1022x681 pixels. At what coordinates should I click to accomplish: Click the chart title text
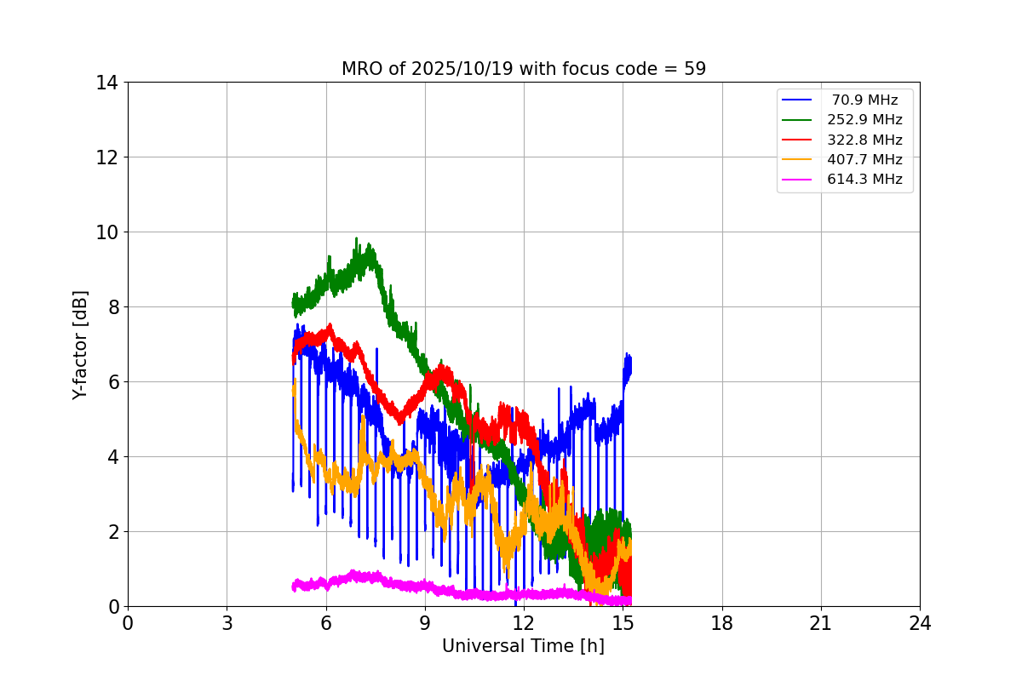coord(523,69)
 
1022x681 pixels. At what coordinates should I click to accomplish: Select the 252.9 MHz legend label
coord(864,120)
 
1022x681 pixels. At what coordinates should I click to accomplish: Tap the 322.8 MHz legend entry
coord(864,140)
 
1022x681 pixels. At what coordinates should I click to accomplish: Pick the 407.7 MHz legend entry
coord(864,159)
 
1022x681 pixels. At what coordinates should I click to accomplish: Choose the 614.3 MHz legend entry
coord(864,180)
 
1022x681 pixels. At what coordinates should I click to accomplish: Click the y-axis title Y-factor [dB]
coord(80,345)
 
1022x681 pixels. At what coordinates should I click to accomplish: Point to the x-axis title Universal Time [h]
coord(523,646)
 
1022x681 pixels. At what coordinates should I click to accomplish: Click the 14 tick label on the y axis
coord(106,83)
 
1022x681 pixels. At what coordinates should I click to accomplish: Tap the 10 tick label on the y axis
coord(106,232)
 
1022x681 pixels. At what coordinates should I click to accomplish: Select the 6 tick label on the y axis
coord(112,382)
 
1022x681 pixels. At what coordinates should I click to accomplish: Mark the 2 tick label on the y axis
coord(112,532)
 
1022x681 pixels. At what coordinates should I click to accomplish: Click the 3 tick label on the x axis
coord(227,624)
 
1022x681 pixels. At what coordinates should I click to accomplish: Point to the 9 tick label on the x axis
coord(425,624)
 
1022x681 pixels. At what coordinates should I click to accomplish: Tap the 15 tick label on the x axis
coord(623,624)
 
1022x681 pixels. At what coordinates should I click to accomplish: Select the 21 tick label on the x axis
coord(821,624)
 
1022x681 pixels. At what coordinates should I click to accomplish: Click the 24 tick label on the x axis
coord(920,624)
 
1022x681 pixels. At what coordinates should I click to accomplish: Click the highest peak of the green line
coord(357,238)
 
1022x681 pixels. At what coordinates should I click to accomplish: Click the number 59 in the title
coord(695,69)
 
